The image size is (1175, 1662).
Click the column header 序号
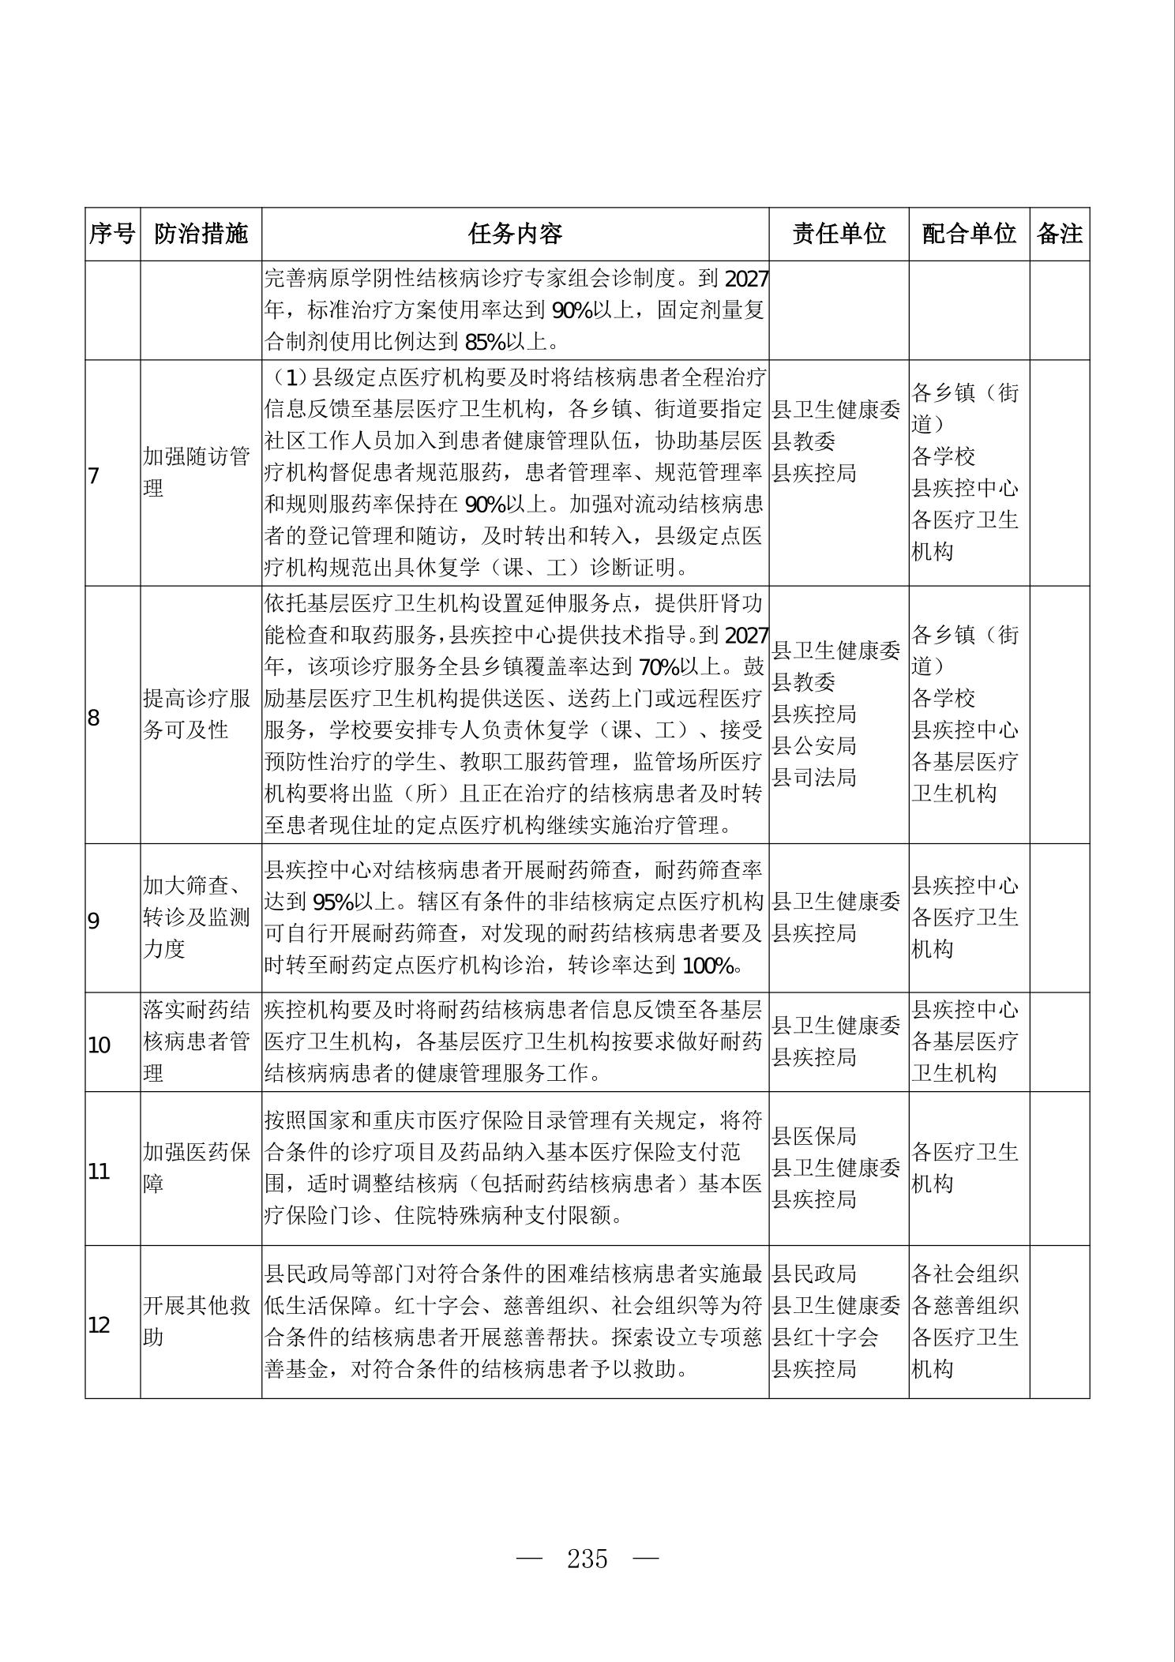112,234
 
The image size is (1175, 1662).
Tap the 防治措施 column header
201,234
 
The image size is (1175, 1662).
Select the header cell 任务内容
515,234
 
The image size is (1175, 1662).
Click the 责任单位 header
839,234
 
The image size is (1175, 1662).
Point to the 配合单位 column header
968,234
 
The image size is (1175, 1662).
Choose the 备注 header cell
1059,234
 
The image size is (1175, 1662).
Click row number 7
94,476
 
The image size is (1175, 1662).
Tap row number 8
94,718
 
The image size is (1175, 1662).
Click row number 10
99,1045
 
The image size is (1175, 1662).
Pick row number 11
99,1171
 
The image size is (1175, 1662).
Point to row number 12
99,1325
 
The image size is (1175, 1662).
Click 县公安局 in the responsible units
814,745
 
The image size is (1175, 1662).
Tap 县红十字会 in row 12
824,1337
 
